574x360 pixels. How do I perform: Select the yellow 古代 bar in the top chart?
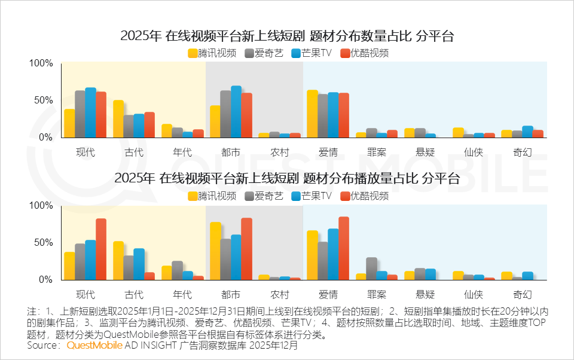[x=118, y=119]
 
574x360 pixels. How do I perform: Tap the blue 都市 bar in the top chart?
[x=236, y=112]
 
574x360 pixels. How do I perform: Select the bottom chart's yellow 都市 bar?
[x=215, y=251]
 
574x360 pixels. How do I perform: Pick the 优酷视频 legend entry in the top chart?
[x=364, y=53]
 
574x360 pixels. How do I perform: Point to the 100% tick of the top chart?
[x=41, y=63]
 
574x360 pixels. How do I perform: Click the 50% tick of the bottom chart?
[x=44, y=243]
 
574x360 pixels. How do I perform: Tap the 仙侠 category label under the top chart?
[x=474, y=152]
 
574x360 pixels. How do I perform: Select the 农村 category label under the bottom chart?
[x=279, y=294]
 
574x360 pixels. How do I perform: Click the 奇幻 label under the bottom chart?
[x=523, y=294]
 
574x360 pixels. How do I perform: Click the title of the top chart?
[x=287, y=36]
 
